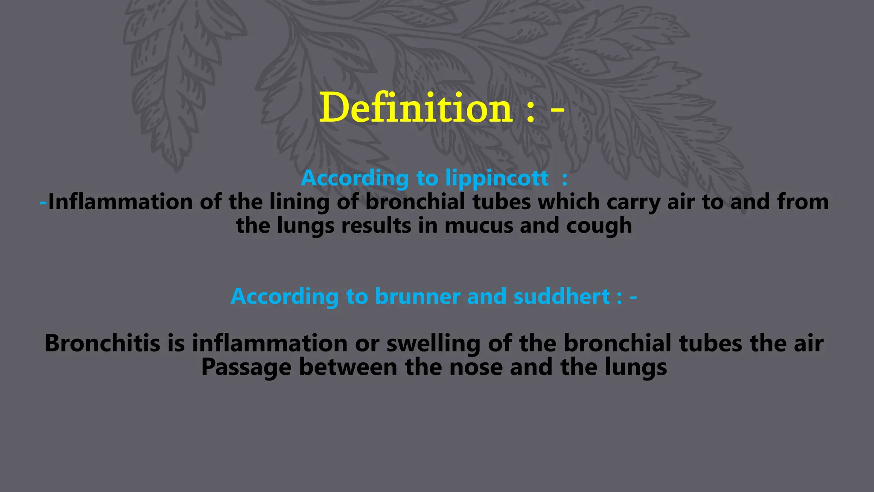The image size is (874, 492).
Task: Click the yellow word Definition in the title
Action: tap(416, 108)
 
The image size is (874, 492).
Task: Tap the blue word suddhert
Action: tap(561, 296)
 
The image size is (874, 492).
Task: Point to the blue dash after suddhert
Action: tap(633, 297)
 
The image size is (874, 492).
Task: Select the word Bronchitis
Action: tap(102, 343)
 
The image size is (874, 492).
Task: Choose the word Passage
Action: tap(246, 367)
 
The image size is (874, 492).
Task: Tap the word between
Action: tap(348, 367)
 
